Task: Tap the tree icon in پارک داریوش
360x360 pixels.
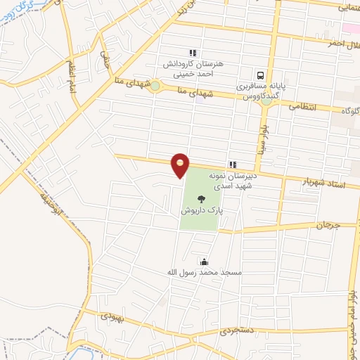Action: pos(202,199)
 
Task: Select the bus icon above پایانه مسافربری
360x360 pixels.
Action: pos(261,75)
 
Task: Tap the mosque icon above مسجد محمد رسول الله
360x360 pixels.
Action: pos(204,262)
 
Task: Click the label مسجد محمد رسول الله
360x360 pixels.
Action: pos(204,272)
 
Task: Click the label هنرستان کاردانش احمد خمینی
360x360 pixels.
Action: pos(193,67)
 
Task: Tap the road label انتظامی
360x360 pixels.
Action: pos(304,106)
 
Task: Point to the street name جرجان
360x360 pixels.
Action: pos(327,225)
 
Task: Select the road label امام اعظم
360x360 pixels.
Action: pos(71,74)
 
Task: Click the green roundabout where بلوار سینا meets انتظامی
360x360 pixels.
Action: pos(266,101)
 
